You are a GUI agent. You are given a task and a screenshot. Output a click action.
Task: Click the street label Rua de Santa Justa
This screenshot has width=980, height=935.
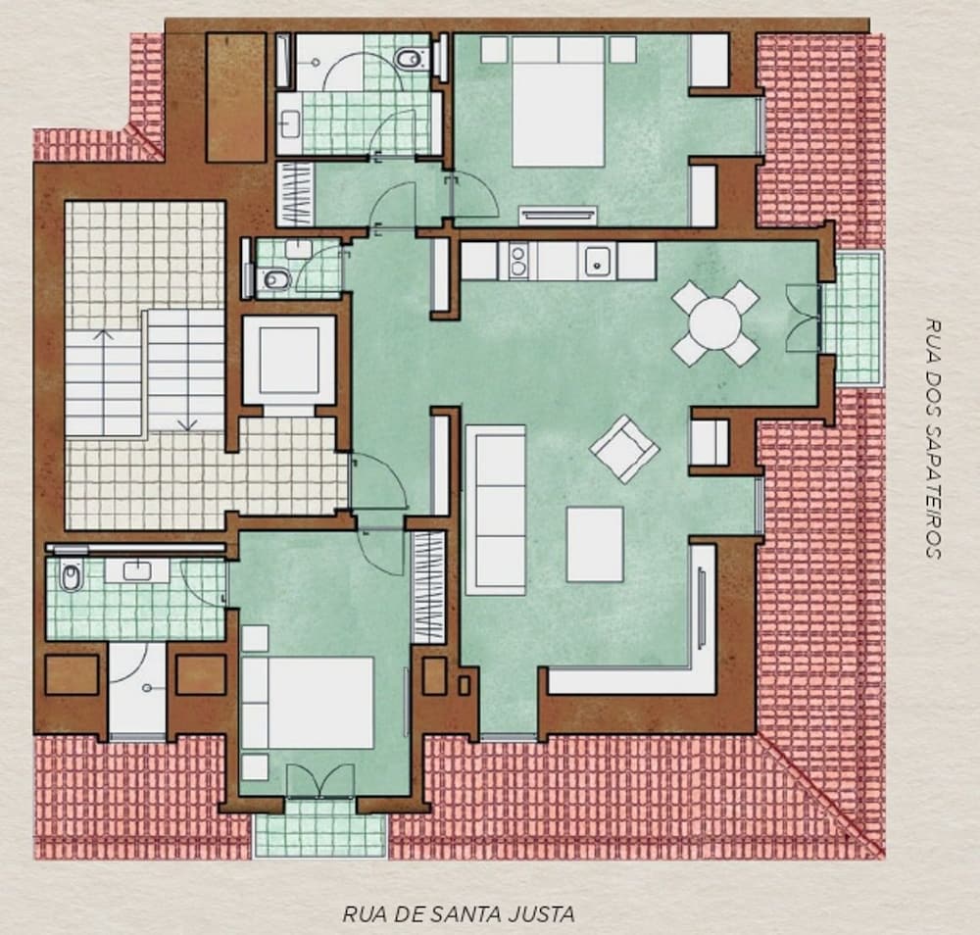(459, 914)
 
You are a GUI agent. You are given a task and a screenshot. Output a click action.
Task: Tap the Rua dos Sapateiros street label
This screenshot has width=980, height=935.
(933, 438)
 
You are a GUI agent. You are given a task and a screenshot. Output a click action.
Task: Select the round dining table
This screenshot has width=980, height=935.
(715, 323)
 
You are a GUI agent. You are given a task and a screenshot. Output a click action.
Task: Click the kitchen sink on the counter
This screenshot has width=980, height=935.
(598, 261)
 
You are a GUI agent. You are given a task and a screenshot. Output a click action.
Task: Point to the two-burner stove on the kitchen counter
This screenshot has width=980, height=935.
(518, 261)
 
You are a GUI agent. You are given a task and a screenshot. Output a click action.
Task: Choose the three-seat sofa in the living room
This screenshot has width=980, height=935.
(496, 510)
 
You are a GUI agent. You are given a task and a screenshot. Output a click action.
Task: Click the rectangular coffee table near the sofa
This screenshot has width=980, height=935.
(595, 544)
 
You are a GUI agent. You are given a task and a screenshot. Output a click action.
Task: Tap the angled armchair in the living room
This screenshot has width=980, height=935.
(623, 449)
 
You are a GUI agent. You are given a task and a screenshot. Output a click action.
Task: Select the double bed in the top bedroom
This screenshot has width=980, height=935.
(559, 102)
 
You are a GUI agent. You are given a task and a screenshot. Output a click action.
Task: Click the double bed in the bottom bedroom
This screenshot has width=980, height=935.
(308, 703)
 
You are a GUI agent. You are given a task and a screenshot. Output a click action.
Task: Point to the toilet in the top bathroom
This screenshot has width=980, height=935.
(411, 59)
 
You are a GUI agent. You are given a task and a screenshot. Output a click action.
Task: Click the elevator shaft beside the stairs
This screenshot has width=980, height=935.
(289, 360)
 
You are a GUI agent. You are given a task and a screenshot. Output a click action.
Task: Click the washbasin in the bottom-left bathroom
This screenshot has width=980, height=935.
(136, 570)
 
